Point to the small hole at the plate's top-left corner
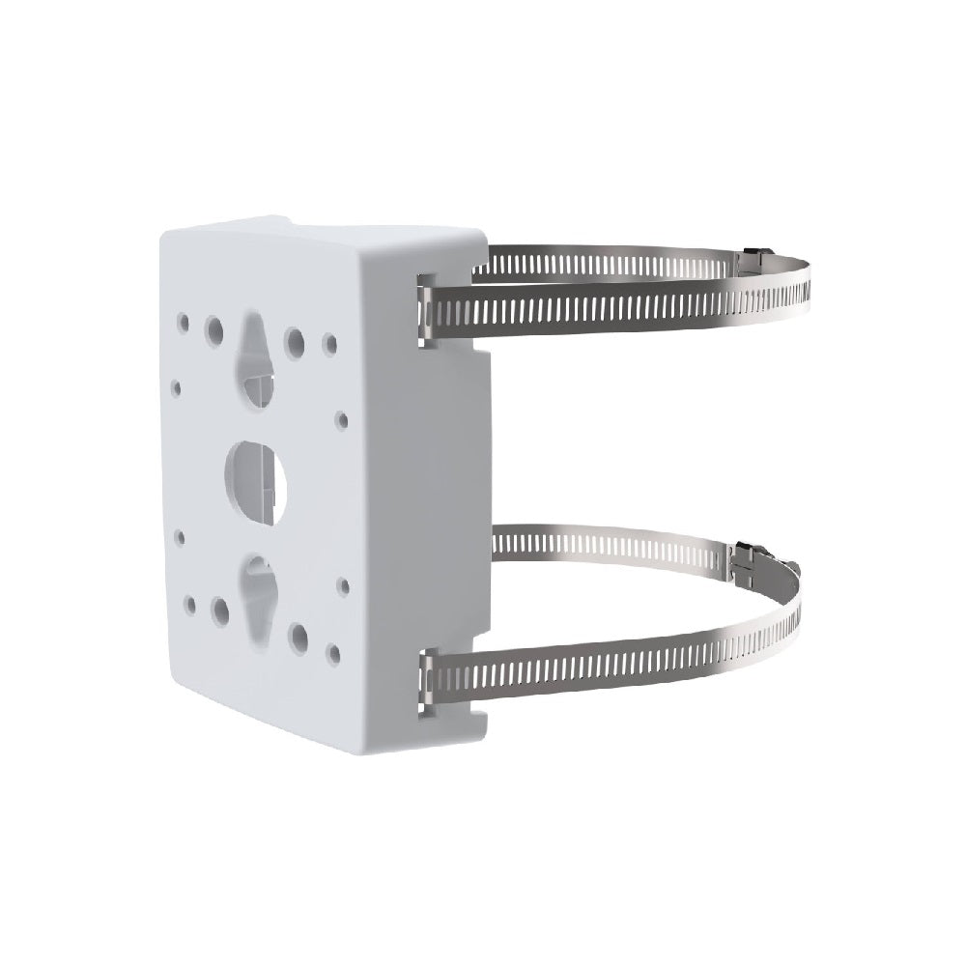182,315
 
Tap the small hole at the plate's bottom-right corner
333,654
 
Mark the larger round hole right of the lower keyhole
298,636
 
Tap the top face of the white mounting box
328,232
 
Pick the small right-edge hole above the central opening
341,420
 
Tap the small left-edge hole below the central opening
179,531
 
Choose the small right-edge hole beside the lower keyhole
342,585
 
